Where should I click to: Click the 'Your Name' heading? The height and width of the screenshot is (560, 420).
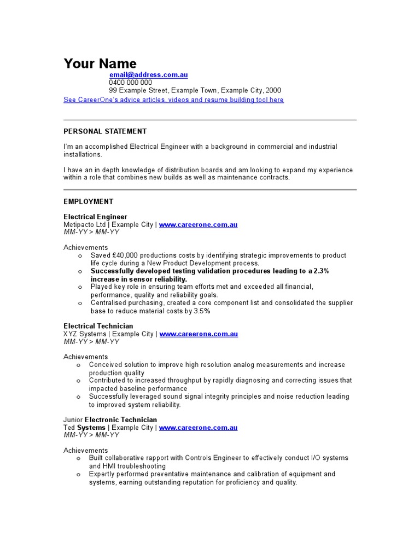tap(100, 63)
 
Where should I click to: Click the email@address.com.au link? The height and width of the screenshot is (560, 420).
tap(148, 75)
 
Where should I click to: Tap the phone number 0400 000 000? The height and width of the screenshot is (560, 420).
tap(130, 83)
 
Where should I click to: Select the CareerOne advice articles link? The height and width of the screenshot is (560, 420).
tap(173, 100)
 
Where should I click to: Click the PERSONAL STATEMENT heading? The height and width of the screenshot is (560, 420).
tap(105, 131)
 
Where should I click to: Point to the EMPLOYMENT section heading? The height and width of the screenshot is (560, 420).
tap(89, 202)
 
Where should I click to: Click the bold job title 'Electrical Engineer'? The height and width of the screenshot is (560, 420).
tap(95, 217)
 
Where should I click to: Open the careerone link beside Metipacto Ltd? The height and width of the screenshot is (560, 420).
tap(198, 225)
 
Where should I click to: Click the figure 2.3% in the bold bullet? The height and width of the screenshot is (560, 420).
tap(322, 271)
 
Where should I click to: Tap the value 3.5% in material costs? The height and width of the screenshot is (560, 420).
tap(201, 311)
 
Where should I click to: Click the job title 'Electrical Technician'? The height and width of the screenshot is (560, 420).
tap(98, 326)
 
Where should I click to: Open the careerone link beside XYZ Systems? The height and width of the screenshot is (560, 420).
tap(198, 334)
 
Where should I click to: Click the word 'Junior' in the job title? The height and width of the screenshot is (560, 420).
tap(73, 420)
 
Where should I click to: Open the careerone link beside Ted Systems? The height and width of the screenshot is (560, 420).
tap(198, 428)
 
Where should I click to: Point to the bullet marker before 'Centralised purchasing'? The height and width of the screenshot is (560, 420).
tap(80, 303)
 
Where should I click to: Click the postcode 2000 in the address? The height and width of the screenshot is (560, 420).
tap(273, 90)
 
